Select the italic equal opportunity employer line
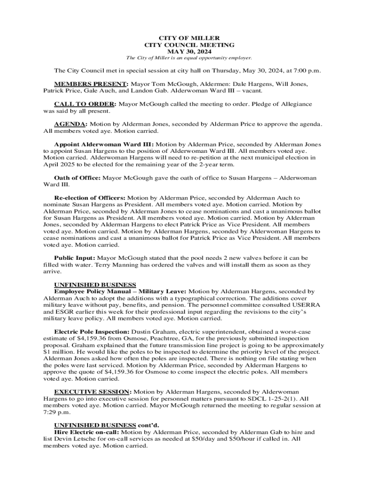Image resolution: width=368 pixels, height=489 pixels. [x=189, y=58]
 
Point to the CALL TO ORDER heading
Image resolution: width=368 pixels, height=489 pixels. [x=85, y=104]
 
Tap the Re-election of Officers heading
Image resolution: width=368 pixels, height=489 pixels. [x=90, y=197]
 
